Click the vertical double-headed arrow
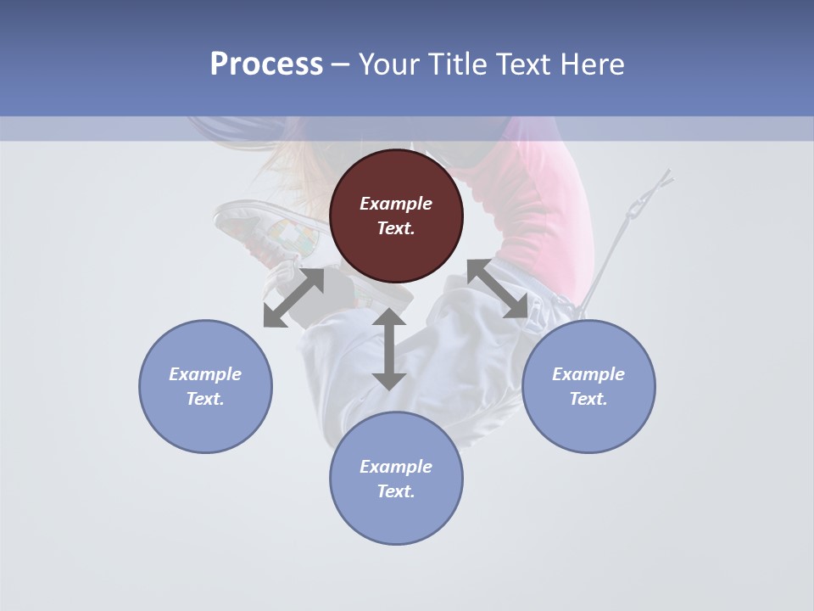[x=389, y=349]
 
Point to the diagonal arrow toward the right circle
[x=497, y=289]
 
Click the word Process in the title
[x=266, y=64]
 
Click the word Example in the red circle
[x=396, y=204]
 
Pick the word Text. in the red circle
[x=396, y=228]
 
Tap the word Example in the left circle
[x=205, y=374]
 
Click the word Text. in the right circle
[x=588, y=399]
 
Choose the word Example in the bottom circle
[x=396, y=467]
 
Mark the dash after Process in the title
[x=340, y=64]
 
